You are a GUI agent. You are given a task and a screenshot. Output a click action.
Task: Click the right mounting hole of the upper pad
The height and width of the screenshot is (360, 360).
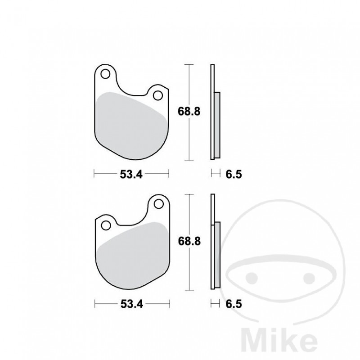pyautogui.click(x=157, y=95)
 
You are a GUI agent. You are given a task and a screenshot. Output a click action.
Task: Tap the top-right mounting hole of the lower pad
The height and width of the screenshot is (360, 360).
pyautogui.click(x=158, y=204)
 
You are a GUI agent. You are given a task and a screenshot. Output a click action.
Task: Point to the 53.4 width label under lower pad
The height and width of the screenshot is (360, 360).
pyautogui.click(x=131, y=304)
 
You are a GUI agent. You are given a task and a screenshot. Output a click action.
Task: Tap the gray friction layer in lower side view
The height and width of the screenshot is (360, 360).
pyautogui.click(x=217, y=254)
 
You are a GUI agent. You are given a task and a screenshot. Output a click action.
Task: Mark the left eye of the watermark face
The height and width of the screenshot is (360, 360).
pyautogui.click(x=253, y=275)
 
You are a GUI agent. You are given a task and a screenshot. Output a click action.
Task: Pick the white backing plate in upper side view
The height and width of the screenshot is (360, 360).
pyautogui.click(x=212, y=81)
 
